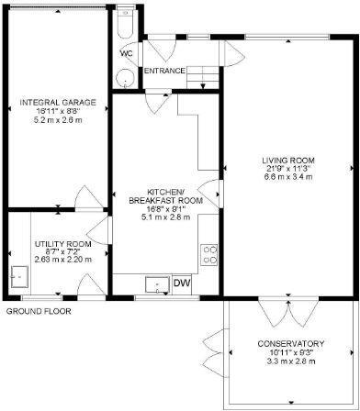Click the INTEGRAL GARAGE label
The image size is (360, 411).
pos(56,102)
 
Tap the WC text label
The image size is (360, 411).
pos(126,52)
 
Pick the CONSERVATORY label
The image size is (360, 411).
pos(286,344)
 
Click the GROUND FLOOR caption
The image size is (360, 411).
pos(39,311)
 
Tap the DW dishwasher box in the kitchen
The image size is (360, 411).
pos(182,283)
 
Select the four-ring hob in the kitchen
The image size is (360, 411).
pos(209,251)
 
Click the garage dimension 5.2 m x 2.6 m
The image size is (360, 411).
pos(56,119)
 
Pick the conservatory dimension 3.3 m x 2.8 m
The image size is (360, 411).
pos(286,361)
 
